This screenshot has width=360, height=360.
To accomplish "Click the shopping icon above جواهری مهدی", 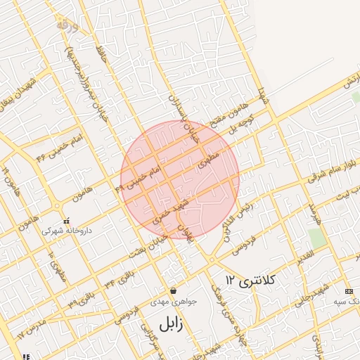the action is click(x=173, y=290).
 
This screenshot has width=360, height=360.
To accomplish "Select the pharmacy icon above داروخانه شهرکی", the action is click(x=67, y=221).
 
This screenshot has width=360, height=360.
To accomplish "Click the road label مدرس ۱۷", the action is click(x=31, y=327).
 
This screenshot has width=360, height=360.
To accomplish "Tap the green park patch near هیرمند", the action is click(x=317, y=238).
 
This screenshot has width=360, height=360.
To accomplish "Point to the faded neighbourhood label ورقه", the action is click(x=68, y=25).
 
